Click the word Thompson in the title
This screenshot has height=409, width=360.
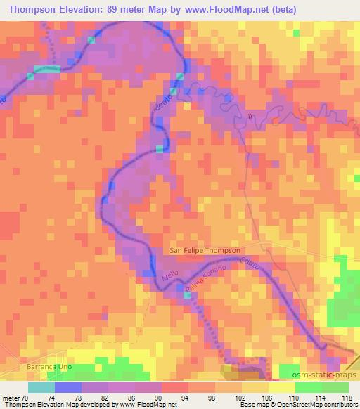click(32, 9)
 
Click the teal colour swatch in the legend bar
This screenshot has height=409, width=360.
click(41, 387)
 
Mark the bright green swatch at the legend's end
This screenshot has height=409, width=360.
click(335, 387)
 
